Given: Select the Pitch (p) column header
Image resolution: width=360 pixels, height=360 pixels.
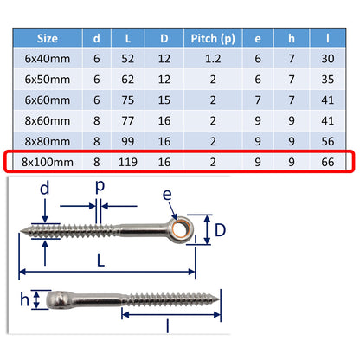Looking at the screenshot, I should (x=209, y=39).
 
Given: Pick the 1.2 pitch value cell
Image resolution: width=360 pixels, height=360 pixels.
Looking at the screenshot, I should (x=209, y=61).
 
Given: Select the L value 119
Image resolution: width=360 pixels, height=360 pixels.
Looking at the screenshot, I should (x=128, y=162).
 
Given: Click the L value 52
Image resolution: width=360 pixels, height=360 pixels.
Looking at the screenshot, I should (x=128, y=61).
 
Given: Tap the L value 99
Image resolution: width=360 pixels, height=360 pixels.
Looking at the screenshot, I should (x=128, y=142).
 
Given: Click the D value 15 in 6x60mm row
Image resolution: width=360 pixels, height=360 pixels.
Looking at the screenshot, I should (x=163, y=101).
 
